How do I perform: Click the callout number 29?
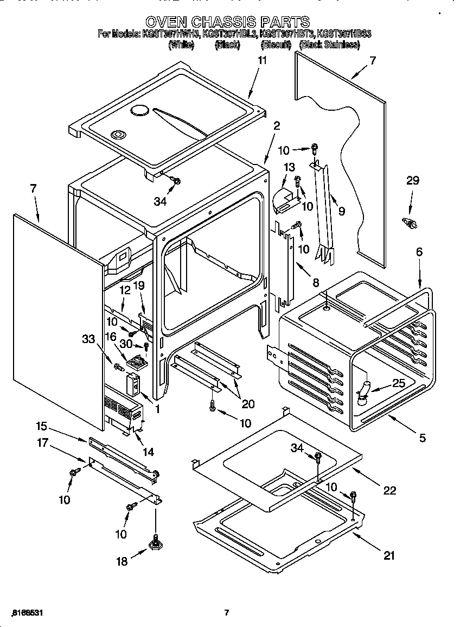[413, 181]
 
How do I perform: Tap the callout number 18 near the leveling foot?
[123, 562]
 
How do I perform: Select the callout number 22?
[389, 490]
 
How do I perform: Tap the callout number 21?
[389, 555]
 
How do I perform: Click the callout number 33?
[88, 339]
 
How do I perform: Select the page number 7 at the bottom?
[227, 613]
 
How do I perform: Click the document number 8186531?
[27, 613]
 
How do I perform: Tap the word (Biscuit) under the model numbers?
[275, 45]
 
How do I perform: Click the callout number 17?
[43, 444]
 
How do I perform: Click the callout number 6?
[419, 251]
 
